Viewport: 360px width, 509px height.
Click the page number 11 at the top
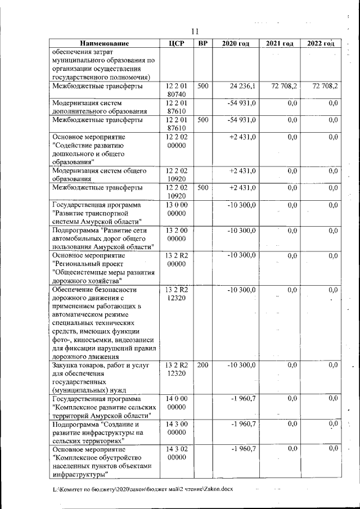pyautogui.click(x=196, y=31)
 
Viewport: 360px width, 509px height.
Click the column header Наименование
pyautogui.click(x=104, y=43)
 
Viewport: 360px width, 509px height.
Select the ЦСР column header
pyautogui.click(x=177, y=43)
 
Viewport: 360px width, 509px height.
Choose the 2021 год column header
pyautogui.click(x=280, y=43)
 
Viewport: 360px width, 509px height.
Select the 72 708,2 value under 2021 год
pyautogui.click(x=284, y=87)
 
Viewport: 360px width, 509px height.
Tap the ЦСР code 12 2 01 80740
pyautogui.click(x=177, y=91)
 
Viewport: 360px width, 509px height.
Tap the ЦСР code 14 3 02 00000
pyautogui.click(x=177, y=453)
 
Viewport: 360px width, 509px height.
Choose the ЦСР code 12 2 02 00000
pyautogui.click(x=177, y=141)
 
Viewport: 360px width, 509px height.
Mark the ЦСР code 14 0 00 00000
pyautogui.click(x=177, y=403)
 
